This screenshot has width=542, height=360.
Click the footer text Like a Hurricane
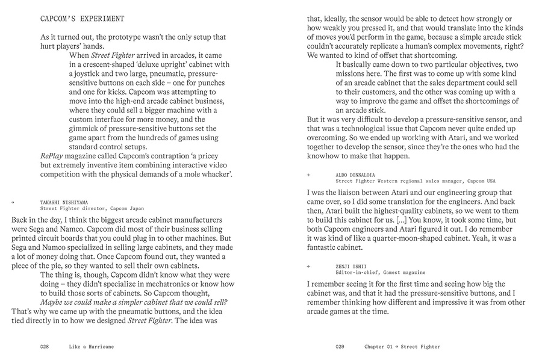click(92, 347)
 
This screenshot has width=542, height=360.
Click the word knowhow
click(327, 156)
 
